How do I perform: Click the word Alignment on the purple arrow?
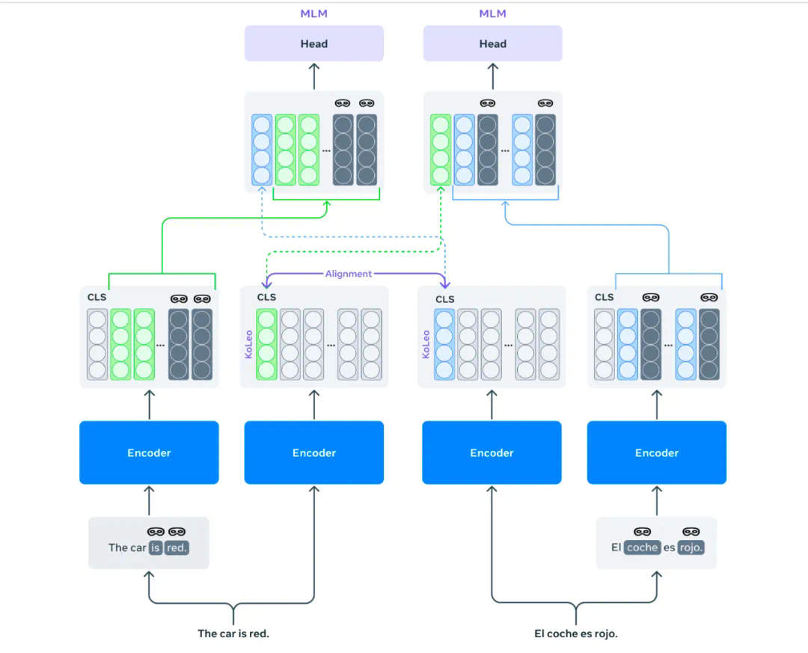click(348, 274)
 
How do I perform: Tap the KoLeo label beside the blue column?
click(426, 344)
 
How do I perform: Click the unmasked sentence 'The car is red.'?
click(233, 634)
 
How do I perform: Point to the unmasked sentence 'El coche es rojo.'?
click(576, 634)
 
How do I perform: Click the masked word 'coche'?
click(642, 548)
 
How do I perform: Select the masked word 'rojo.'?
click(691, 548)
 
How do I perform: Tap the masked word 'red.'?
click(177, 548)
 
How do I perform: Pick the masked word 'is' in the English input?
click(156, 548)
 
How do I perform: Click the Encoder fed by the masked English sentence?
click(149, 453)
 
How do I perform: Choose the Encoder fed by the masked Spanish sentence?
click(656, 453)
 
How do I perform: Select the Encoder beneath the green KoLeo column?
click(314, 453)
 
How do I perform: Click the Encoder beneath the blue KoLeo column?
click(492, 453)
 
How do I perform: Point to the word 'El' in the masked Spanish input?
click(616, 548)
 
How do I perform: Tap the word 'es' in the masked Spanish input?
click(669, 548)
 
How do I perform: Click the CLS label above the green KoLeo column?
click(266, 297)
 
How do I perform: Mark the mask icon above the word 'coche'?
click(642, 532)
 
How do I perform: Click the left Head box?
click(314, 43)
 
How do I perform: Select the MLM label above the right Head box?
click(492, 13)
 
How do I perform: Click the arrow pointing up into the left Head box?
click(314, 76)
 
